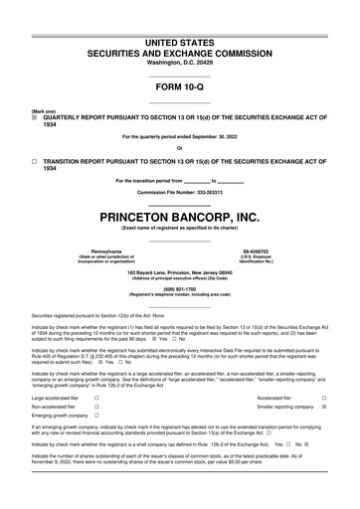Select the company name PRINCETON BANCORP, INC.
pos(179,216)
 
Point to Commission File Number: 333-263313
pos(179,191)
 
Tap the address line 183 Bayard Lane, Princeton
pos(179,271)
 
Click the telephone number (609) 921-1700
pos(179,291)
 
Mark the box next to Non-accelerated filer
pos(95,406)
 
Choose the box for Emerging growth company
pos(95,417)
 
